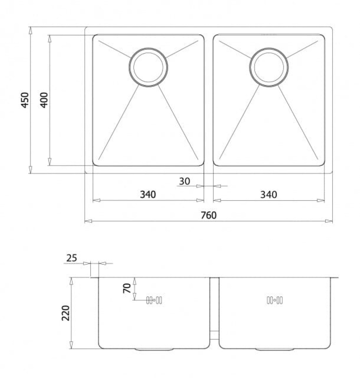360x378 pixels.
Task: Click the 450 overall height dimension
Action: coord(25,100)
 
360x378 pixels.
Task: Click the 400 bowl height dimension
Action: coord(44,100)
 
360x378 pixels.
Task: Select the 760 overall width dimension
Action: coord(209,215)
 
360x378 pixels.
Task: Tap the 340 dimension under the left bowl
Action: coord(148,194)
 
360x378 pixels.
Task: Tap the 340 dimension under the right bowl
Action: coord(268,194)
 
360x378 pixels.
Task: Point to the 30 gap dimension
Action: coord(184,181)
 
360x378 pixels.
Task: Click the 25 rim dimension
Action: coord(72,258)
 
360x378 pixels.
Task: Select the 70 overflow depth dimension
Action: coord(127,288)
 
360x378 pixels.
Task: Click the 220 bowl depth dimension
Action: coord(66,313)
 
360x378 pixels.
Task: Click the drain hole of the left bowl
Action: coord(148,67)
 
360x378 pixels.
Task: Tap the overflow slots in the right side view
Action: coord(275,300)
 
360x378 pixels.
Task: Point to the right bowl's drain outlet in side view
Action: coord(275,349)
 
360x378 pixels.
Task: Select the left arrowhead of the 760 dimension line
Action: coord(88,221)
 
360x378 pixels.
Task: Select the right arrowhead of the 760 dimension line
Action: coord(329,221)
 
